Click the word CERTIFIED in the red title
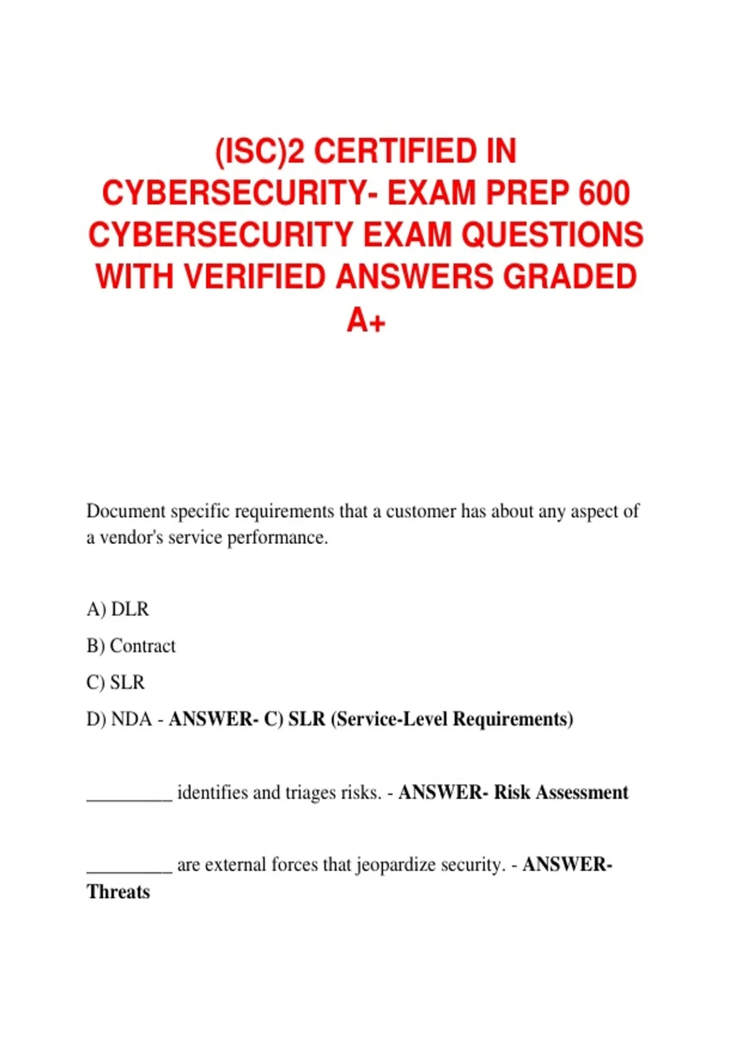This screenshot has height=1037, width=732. point(396,151)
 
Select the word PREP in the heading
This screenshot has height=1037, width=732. point(524,193)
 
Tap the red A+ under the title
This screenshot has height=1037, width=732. point(366,319)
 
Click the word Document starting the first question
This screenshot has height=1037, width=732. point(126,511)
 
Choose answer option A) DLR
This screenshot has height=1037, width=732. point(118,609)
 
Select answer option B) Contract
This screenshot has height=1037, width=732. point(131,645)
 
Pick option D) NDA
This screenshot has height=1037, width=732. point(119,719)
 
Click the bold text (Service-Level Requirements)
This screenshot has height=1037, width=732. point(452,719)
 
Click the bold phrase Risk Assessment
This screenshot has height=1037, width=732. point(561,792)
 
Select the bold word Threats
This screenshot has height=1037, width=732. point(118,892)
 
